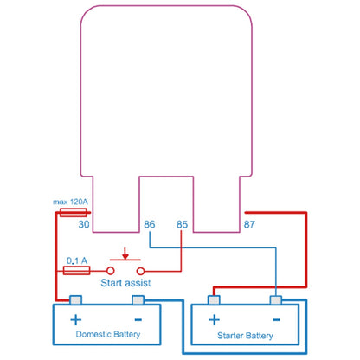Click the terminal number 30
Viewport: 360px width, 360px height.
click(x=84, y=224)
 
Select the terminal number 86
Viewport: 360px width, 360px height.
click(x=150, y=224)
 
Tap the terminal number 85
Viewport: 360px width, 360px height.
click(x=182, y=224)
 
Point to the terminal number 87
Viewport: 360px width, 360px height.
click(x=249, y=224)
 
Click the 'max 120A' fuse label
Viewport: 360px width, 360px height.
click(x=70, y=202)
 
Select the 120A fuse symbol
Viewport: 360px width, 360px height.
click(x=74, y=213)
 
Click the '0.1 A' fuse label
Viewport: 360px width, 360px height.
click(x=77, y=260)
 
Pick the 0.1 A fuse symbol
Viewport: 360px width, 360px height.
click(x=76, y=271)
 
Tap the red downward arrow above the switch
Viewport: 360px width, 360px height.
click(x=125, y=253)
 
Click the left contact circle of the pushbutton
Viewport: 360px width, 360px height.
click(x=111, y=271)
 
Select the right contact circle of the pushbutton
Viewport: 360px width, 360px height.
click(x=140, y=271)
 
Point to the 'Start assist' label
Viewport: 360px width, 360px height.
click(x=125, y=283)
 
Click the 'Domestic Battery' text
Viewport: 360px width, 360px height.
click(x=108, y=334)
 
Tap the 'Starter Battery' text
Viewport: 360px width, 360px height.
click(x=245, y=336)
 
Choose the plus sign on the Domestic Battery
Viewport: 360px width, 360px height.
click(x=76, y=320)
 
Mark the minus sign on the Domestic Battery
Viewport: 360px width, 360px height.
click(x=138, y=319)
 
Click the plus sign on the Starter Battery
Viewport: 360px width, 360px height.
click(x=214, y=320)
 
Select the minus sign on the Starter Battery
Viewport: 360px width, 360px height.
click(x=276, y=319)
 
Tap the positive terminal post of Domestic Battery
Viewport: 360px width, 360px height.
click(x=75, y=300)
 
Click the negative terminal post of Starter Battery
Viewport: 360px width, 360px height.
click(x=276, y=300)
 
